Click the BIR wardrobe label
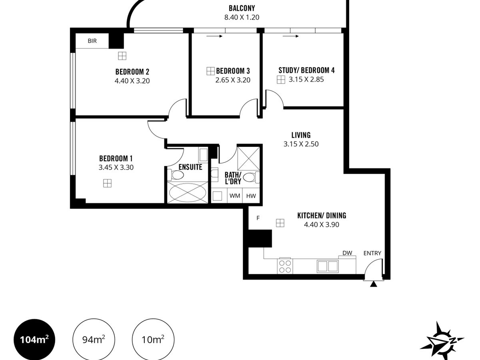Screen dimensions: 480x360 92,41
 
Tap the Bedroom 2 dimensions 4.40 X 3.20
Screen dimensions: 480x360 132,81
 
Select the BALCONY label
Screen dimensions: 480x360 242,8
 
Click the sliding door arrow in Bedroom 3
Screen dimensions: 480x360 214,36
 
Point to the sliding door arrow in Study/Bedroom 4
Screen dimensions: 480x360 291,36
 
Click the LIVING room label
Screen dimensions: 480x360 301,135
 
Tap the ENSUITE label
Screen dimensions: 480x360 190,167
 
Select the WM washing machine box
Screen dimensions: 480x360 235,196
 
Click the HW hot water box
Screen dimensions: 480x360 251,196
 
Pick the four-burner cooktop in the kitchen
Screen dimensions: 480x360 285,266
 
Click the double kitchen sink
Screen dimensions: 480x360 328,266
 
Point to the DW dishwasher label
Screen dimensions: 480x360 347,253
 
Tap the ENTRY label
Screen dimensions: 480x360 372,253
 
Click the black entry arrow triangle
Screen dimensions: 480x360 374,284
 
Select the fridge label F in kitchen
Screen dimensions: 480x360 258,218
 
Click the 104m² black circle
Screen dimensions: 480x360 34,340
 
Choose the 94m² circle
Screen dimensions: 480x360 94,340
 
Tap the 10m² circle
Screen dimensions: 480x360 153,340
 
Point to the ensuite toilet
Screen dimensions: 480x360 176,175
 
